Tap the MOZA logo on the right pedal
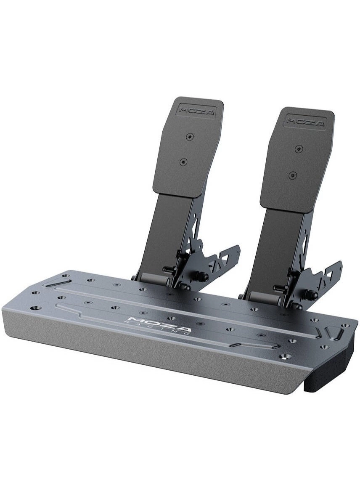tap(306, 122)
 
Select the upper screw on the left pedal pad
tap(190, 137)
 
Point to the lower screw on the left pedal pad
tap(183, 162)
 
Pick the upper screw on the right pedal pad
tap(299, 149)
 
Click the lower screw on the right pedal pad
tap(293, 175)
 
